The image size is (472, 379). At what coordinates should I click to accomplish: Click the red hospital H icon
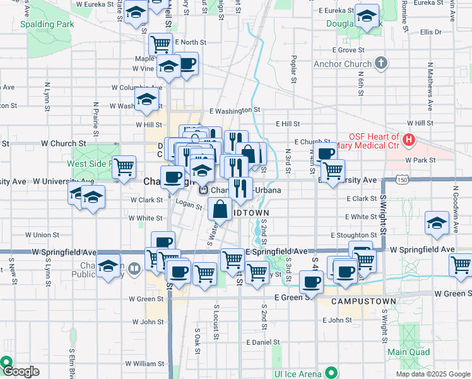(x=409, y=139)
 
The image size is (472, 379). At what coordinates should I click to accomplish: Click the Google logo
(x=21, y=371)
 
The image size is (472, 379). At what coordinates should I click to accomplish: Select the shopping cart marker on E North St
(x=161, y=44)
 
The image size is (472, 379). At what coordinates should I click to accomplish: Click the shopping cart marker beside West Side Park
(x=124, y=166)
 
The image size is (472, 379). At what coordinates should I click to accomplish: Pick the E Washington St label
(x=234, y=111)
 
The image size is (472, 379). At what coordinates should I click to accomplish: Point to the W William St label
(x=145, y=364)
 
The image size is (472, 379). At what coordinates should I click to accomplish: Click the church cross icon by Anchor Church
(x=381, y=63)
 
